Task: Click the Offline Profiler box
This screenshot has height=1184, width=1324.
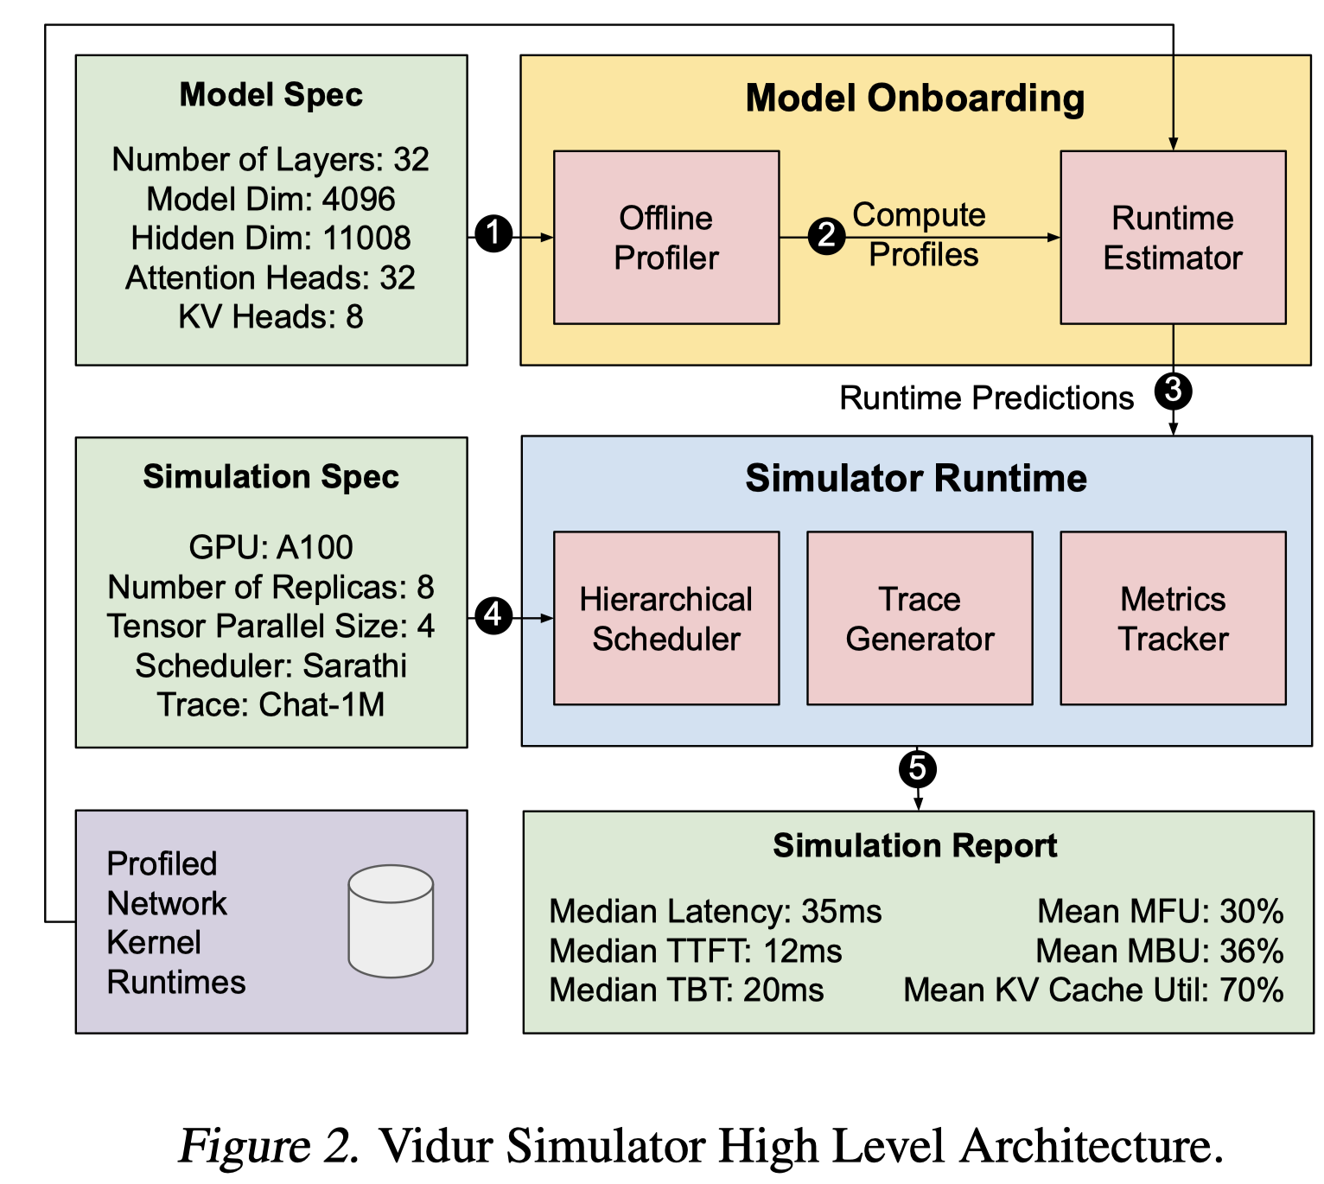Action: (x=666, y=237)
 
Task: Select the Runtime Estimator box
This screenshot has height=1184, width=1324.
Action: (x=1173, y=237)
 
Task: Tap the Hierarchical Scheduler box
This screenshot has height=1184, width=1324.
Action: (x=666, y=618)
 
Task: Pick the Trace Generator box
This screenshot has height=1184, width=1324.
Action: (x=920, y=618)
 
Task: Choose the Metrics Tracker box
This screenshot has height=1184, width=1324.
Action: (x=1173, y=618)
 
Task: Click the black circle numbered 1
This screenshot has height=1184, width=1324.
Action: (x=493, y=233)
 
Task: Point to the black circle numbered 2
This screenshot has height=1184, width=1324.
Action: (x=827, y=235)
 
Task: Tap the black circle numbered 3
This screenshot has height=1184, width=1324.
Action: (x=1173, y=391)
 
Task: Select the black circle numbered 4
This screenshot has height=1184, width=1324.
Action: (x=493, y=614)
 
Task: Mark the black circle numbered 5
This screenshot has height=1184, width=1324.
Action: (x=918, y=768)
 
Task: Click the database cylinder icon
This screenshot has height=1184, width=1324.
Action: (x=391, y=920)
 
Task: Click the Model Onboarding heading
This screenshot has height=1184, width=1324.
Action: (x=915, y=98)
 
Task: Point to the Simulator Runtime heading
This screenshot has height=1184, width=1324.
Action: (x=916, y=478)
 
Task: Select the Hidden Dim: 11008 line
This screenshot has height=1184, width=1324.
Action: (x=271, y=238)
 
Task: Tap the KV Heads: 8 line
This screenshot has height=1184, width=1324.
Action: (x=271, y=317)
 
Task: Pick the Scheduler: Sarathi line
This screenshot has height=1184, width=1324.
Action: (x=271, y=665)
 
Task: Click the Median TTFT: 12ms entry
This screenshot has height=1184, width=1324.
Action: (x=696, y=951)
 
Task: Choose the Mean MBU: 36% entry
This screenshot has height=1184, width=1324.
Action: (x=1159, y=951)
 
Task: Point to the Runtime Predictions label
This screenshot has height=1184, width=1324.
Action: (x=986, y=398)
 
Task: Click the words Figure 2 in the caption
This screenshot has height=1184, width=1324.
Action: (x=269, y=1145)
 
